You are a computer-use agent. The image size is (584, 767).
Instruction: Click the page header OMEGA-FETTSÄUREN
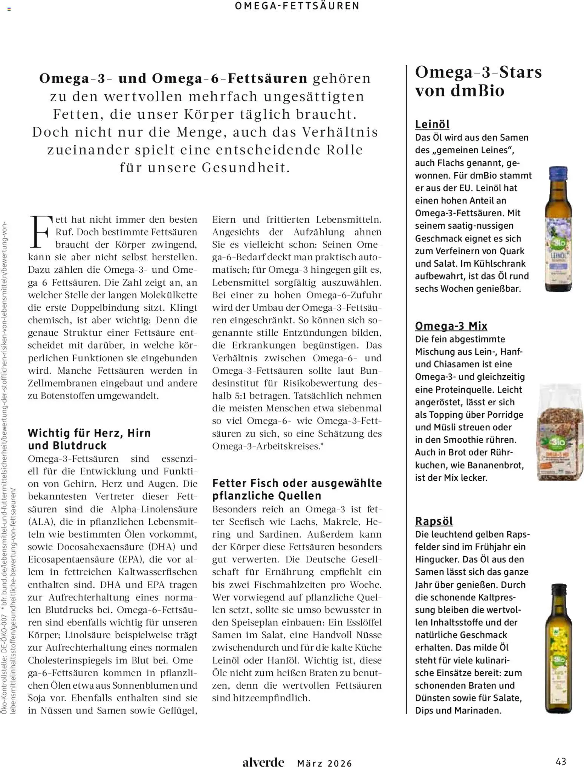tap(297, 6)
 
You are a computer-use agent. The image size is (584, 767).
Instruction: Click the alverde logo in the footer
tap(263, 762)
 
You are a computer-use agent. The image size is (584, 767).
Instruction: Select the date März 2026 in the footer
tap(324, 763)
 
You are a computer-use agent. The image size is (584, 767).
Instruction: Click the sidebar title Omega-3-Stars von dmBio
tap(478, 81)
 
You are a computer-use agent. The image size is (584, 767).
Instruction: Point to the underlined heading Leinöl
tap(432, 124)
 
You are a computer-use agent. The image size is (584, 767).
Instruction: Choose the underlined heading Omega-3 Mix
tap(451, 325)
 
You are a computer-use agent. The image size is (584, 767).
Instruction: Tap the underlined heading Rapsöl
tap(434, 521)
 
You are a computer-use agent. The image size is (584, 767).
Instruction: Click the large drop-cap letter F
tap(40, 232)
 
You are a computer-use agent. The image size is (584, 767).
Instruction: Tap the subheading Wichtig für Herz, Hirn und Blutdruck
tap(89, 439)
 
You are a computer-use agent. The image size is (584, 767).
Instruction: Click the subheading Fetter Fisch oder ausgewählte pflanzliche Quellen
tap(297, 489)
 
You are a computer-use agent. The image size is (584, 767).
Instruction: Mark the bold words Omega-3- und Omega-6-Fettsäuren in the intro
tap(173, 78)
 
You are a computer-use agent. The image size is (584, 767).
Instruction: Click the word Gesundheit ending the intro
tap(245, 168)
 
